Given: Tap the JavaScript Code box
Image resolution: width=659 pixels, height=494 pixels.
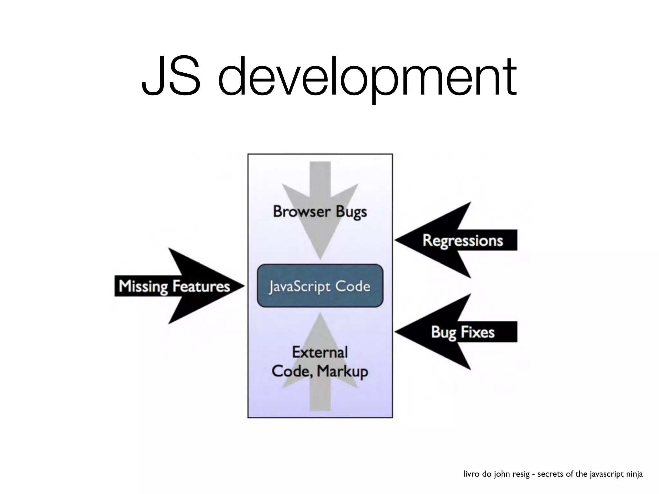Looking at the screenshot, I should click(320, 286).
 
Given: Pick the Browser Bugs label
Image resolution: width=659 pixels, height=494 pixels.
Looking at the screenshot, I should click(320, 212).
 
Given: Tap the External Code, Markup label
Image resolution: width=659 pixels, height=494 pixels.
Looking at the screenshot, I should click(320, 362).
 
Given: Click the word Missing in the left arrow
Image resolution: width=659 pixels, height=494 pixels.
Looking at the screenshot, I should click(143, 286).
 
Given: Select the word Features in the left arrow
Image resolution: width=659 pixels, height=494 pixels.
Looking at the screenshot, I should click(201, 286).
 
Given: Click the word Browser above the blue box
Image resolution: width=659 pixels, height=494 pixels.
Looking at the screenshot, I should click(302, 212).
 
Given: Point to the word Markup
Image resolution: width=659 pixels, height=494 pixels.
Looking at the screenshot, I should click(342, 372).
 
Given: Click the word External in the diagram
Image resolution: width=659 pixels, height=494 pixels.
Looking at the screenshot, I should click(320, 352).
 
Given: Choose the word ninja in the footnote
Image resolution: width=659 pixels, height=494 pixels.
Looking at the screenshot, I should click(633, 474).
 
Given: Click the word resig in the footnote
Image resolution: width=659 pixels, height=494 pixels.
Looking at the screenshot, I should click(521, 474).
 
